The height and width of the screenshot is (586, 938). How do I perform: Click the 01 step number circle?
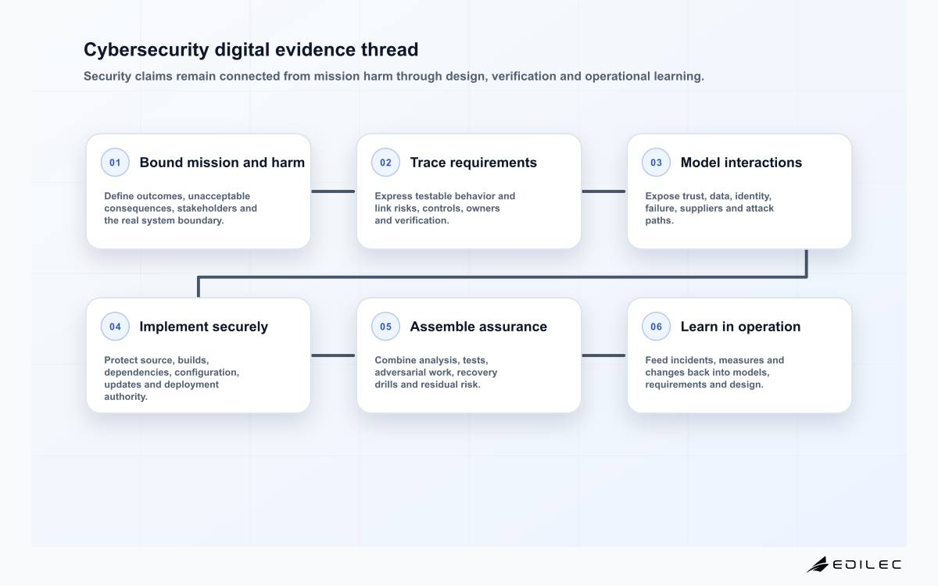115,163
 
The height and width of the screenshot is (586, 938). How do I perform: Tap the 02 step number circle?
385,163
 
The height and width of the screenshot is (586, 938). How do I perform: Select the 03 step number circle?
656,163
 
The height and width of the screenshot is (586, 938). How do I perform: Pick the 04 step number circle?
115,327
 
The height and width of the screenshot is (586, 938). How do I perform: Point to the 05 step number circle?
385,327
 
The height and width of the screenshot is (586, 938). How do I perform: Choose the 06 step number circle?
656,327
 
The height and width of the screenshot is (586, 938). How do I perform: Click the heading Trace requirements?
473,163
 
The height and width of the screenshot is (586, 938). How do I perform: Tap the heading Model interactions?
741,163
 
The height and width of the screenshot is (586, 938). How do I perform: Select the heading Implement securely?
203,327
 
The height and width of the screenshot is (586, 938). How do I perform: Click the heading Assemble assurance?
478,327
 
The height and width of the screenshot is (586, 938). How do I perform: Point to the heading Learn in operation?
740,327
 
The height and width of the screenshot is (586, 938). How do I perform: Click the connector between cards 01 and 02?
333,191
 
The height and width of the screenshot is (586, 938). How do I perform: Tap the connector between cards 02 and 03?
603,191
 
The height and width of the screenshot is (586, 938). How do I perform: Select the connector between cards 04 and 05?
333,356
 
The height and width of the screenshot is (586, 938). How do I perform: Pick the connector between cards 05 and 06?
603,356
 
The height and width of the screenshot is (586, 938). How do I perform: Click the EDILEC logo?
854,564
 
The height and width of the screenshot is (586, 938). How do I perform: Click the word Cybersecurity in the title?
146,50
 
